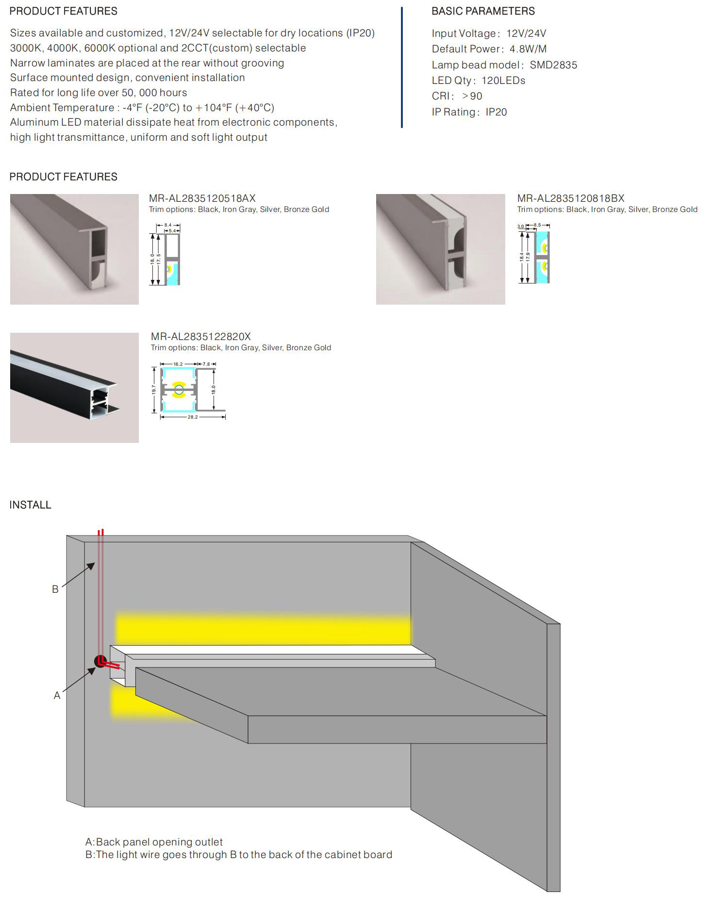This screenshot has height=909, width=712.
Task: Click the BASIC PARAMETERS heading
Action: [483, 11]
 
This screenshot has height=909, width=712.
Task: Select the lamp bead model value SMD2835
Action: [553, 65]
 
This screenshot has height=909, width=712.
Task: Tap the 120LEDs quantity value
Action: [503, 81]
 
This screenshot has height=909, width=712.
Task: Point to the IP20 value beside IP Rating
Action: [496, 112]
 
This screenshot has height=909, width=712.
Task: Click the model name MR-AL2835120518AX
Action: [202, 198]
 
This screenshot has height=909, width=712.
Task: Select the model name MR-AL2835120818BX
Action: [570, 198]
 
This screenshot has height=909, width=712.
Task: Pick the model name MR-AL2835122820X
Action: [200, 337]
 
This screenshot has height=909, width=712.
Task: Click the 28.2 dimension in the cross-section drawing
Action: [193, 417]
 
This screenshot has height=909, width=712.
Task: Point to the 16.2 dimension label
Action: [178, 364]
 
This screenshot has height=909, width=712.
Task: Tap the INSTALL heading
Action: [30, 505]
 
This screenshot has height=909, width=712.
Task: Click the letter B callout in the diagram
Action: [55, 589]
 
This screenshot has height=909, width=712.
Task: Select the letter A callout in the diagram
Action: [57, 696]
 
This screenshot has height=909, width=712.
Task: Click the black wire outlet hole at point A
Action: [99, 661]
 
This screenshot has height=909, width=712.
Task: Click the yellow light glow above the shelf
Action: [262, 629]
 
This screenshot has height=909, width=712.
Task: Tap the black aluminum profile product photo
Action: [74, 388]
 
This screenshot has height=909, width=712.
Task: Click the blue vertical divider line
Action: [402, 68]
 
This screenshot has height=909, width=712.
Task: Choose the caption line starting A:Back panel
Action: [154, 842]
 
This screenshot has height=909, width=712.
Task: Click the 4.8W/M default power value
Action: [528, 49]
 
